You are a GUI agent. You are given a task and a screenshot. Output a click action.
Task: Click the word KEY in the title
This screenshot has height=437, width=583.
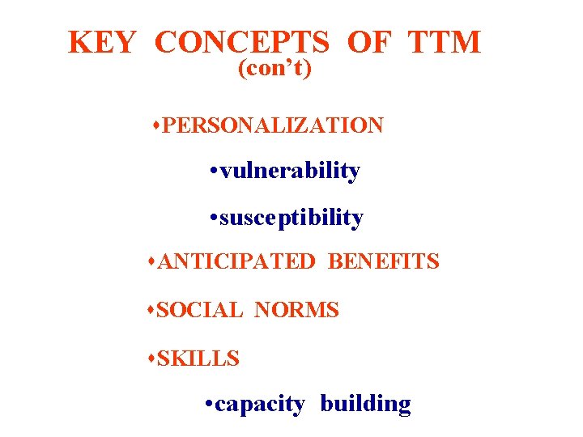click(x=101, y=42)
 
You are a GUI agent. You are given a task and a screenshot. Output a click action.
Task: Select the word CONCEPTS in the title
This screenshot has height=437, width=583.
click(x=241, y=42)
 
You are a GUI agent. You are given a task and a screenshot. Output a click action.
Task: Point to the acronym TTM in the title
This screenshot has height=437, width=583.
click(x=445, y=42)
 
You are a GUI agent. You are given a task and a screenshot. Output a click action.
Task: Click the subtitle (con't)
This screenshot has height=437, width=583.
click(x=274, y=70)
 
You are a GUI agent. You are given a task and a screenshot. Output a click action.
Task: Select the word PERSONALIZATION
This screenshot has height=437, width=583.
click(x=273, y=125)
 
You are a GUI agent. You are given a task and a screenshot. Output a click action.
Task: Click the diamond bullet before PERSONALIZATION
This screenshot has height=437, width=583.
click(x=156, y=126)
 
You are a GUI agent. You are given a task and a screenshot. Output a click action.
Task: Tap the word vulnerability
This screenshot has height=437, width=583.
click(x=290, y=171)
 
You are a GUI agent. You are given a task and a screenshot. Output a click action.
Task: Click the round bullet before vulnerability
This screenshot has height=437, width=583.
click(x=211, y=172)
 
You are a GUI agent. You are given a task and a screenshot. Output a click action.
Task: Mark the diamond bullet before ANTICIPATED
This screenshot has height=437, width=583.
click(x=153, y=262)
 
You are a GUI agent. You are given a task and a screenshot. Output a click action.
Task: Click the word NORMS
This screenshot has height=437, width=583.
click(x=296, y=310)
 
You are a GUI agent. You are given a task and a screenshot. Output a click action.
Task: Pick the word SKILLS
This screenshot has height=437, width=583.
click(x=198, y=358)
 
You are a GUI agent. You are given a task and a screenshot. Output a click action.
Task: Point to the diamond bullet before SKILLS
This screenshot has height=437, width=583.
click(x=153, y=359)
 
